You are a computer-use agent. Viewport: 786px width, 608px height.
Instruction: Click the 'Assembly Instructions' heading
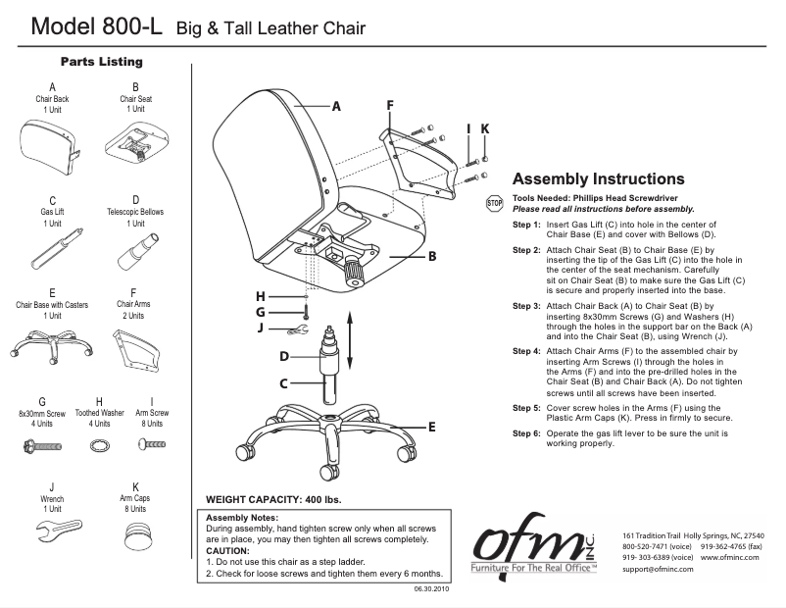(599, 179)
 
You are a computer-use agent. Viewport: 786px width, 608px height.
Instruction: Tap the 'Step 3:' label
(526, 306)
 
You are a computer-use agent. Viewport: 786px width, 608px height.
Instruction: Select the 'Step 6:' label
(526, 432)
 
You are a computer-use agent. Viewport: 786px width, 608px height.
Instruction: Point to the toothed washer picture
(99, 446)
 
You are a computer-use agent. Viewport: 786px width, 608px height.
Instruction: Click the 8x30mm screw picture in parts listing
(42, 446)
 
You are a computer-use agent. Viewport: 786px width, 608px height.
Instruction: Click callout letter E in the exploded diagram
(431, 428)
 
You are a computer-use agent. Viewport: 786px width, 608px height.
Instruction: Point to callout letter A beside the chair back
(335, 107)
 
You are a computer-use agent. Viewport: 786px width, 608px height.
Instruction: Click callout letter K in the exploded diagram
(485, 128)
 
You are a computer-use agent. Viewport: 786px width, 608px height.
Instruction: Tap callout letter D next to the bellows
(283, 356)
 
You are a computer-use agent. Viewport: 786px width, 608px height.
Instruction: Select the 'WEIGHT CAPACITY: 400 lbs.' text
(274, 500)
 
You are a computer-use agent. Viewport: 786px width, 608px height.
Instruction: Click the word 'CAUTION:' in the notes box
(228, 550)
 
